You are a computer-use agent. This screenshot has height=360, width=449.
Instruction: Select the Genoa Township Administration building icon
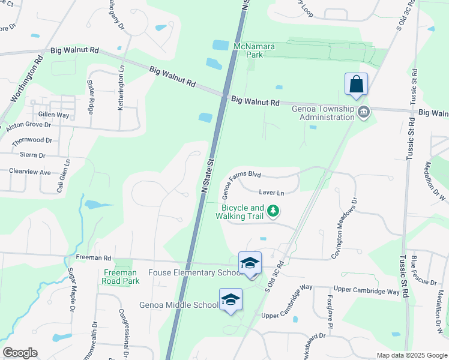click(x=363, y=112)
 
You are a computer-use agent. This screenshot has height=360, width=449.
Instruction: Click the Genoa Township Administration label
click(x=323, y=113)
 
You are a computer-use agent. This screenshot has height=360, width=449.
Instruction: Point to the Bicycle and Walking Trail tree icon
click(x=273, y=211)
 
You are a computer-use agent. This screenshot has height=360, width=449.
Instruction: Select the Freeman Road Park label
click(x=121, y=277)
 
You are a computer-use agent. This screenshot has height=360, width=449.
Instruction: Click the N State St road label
click(x=208, y=176)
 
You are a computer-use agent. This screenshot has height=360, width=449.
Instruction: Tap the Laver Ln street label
click(x=271, y=193)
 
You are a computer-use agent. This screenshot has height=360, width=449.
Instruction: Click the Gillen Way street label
click(x=53, y=114)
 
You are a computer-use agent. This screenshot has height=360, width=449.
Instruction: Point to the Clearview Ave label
click(x=29, y=172)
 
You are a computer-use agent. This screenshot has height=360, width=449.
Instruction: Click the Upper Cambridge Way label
click(x=367, y=292)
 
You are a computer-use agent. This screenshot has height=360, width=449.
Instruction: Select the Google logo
click(x=20, y=353)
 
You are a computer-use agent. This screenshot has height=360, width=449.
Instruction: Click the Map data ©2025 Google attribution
click(x=411, y=355)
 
